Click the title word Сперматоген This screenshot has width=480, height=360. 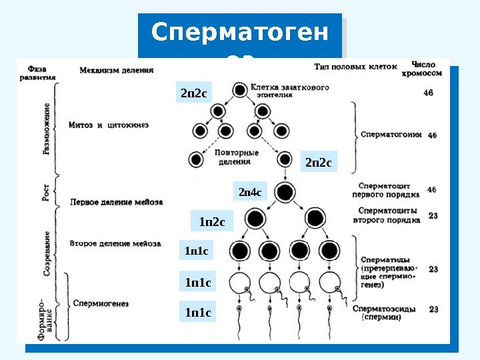(239, 32)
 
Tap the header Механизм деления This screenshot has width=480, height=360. (116, 69)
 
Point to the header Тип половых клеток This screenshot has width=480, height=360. (355, 66)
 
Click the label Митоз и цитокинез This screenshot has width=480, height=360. (108, 125)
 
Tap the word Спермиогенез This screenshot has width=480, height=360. (101, 303)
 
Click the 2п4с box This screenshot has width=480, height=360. (251, 193)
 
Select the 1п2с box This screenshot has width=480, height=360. (212, 221)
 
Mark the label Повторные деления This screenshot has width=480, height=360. (237, 157)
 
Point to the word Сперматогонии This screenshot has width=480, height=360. (391, 134)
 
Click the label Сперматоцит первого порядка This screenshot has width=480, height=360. (388, 190)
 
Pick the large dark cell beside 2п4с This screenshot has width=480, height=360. (285, 193)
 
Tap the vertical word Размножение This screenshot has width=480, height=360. (47, 129)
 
